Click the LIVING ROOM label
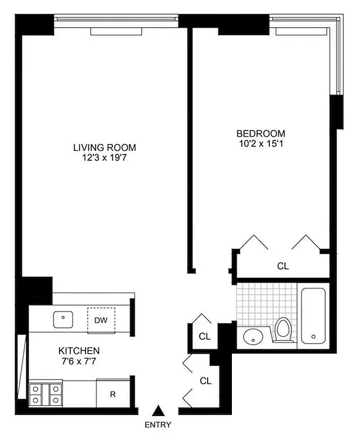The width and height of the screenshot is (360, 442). [105, 148]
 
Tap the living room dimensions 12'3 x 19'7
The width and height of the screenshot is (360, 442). [105, 157]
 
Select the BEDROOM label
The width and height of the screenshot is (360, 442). [261, 133]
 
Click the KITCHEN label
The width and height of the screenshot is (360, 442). [80, 351]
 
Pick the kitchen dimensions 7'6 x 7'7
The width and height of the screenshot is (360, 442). [80, 361]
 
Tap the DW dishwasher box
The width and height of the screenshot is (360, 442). [100, 320]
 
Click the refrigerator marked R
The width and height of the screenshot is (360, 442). [113, 394]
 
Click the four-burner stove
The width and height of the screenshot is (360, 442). [46, 394]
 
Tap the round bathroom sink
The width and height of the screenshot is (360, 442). [254, 336]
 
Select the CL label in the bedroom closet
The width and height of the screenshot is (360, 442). [283, 266]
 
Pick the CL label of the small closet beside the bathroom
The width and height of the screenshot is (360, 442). [205, 336]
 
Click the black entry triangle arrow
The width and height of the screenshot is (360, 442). [159, 411]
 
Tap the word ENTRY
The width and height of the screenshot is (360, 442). [158, 425]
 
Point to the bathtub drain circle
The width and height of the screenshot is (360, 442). [313, 336]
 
